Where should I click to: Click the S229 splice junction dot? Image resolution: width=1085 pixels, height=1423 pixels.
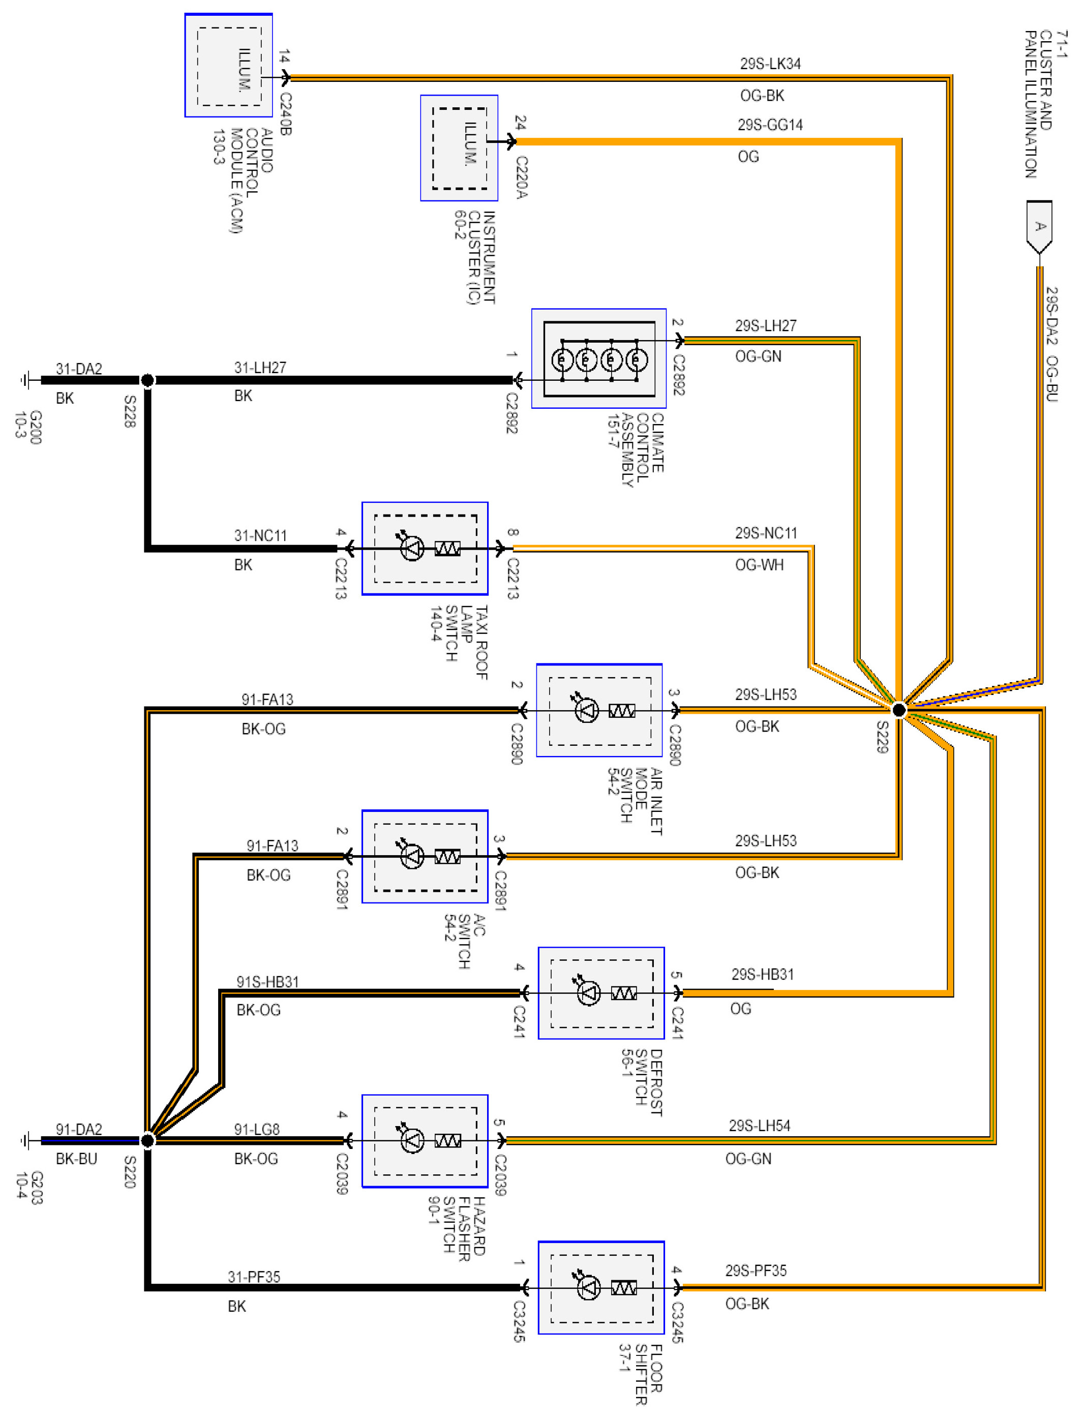[x=898, y=710]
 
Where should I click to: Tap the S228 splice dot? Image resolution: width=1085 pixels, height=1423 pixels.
[x=147, y=380]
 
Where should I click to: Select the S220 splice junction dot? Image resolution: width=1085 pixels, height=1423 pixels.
[x=147, y=1140]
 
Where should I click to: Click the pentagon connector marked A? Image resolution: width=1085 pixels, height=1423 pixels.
[x=1039, y=226]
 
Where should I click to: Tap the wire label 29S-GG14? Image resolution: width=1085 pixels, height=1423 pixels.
[x=770, y=125]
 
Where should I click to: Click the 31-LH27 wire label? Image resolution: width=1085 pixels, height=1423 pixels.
[x=260, y=368]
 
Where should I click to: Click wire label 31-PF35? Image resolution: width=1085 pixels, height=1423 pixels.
[x=254, y=1277]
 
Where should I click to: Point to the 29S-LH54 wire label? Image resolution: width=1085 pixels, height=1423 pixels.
[x=759, y=1126]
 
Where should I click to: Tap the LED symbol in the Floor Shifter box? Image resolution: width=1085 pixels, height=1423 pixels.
[x=588, y=1287]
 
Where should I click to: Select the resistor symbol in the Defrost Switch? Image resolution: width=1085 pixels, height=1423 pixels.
[x=623, y=993]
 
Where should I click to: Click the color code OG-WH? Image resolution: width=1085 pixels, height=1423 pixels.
[x=759, y=565]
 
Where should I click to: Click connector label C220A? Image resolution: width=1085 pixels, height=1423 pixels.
[x=521, y=177]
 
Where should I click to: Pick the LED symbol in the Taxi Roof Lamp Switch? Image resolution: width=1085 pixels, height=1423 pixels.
[x=411, y=548]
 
